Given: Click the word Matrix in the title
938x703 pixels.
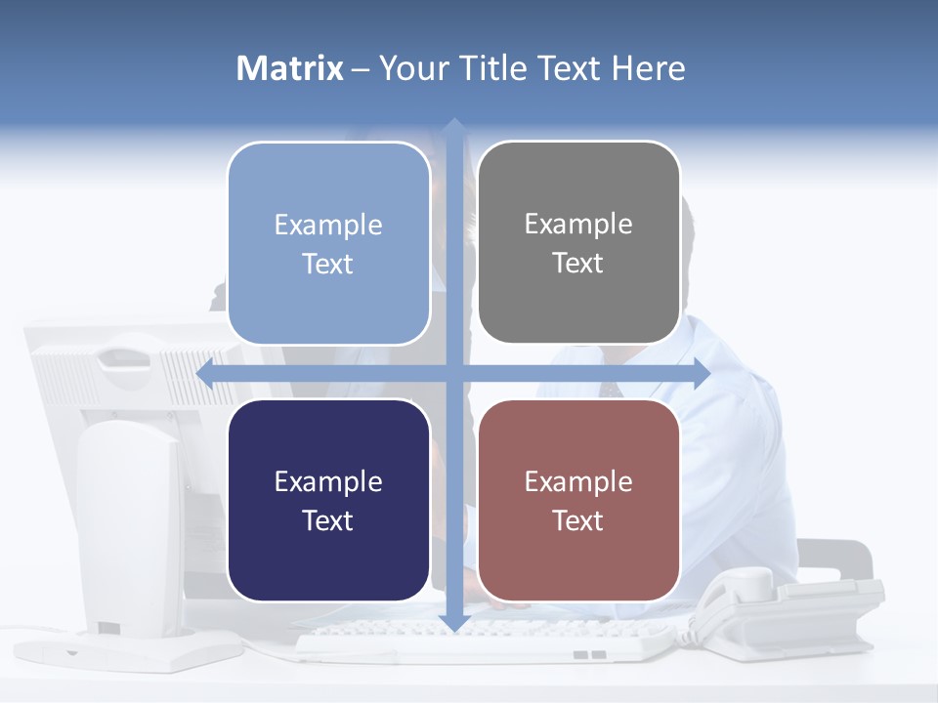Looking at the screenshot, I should click(x=290, y=68).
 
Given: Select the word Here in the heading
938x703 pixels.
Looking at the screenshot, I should click(x=649, y=68).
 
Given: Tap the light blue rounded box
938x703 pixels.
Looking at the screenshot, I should click(x=328, y=243).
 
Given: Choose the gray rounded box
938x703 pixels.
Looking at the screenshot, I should click(x=578, y=243).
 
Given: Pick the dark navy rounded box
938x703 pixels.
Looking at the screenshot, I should click(x=328, y=500).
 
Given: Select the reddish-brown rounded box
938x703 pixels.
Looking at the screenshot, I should click(x=578, y=500).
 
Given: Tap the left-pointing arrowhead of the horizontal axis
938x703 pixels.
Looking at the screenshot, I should click(x=206, y=373).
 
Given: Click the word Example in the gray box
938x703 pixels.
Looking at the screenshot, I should click(x=578, y=224).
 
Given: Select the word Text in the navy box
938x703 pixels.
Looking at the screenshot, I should click(x=328, y=520).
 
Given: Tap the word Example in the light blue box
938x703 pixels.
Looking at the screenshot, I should click(x=328, y=225).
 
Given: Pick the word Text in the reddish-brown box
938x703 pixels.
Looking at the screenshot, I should click(x=578, y=520).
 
